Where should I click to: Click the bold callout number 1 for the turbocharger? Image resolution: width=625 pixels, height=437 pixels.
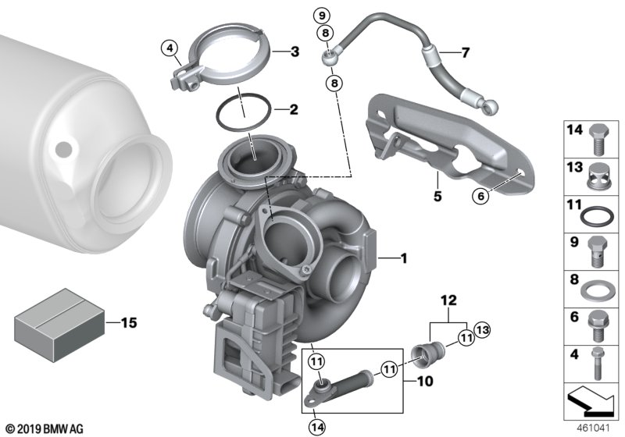[404, 259]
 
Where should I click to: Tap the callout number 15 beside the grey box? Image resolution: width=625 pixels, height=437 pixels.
[128, 323]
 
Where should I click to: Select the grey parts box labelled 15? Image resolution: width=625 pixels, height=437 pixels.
[60, 325]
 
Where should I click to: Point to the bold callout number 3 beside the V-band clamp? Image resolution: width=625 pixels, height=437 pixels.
[295, 52]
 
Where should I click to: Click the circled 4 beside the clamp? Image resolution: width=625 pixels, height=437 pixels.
[170, 48]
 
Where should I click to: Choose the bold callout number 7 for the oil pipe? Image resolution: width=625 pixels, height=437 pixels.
[465, 52]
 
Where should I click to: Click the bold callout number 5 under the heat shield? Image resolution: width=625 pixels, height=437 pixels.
[437, 196]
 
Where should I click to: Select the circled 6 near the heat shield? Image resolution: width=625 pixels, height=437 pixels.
[480, 196]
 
